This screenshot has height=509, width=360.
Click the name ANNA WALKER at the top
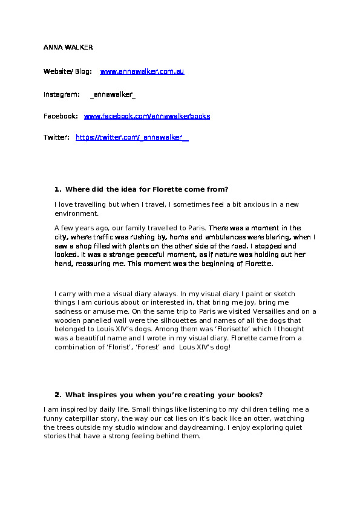(68, 47)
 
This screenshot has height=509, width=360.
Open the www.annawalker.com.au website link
(142, 71)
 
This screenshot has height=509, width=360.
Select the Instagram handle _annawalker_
(113, 94)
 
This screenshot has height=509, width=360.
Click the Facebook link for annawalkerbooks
(147, 116)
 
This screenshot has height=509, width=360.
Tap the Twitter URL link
(132, 138)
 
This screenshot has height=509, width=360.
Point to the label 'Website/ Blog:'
(67, 71)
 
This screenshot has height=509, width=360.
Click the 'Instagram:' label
(61, 94)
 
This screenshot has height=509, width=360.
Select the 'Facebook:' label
(61, 116)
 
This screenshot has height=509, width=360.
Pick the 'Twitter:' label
(56, 138)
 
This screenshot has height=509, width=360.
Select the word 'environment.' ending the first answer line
(76, 214)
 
